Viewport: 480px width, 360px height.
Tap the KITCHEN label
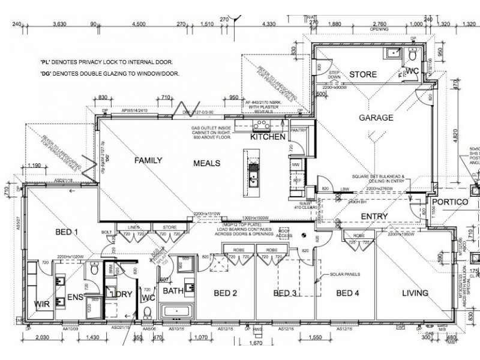[267, 137]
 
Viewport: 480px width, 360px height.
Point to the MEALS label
[206, 163]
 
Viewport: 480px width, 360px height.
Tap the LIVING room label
[415, 293]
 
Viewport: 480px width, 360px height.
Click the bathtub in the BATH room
[175, 311]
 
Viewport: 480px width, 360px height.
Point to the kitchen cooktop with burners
[262, 125]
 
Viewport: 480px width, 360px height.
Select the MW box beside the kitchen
[295, 164]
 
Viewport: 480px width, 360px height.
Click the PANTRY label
[298, 130]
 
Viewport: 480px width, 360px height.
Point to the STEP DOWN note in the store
[334, 75]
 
